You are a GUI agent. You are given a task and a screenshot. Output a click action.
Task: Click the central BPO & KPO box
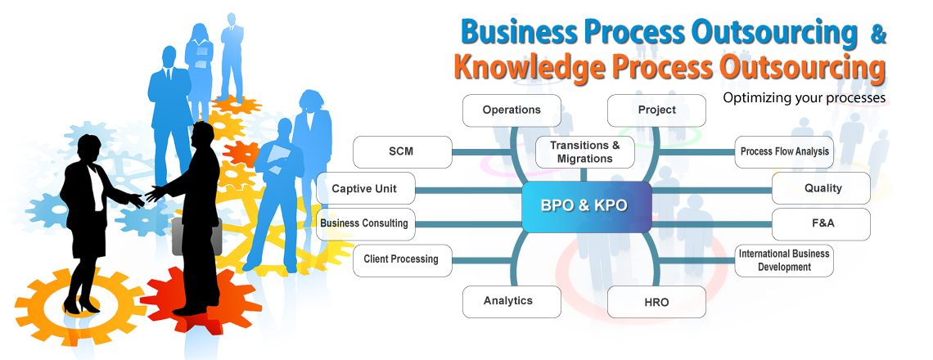click(x=587, y=206)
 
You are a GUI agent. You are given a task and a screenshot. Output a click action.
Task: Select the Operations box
click(x=512, y=110)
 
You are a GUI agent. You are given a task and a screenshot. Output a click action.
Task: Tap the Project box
click(x=657, y=110)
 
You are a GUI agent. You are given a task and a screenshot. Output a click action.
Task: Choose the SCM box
click(x=401, y=151)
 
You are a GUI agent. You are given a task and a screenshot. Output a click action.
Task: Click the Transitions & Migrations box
click(x=585, y=151)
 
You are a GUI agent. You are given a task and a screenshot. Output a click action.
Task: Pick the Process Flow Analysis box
click(x=784, y=151)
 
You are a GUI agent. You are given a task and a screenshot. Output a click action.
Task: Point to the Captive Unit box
click(x=366, y=189)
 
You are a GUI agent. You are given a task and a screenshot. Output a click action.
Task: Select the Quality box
click(x=821, y=189)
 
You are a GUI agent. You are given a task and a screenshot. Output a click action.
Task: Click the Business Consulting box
click(x=366, y=223)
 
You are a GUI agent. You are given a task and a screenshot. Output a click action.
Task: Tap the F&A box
click(x=821, y=223)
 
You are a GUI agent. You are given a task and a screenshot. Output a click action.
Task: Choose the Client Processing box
click(x=401, y=260)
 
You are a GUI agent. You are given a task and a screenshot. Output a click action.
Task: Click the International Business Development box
click(x=784, y=260)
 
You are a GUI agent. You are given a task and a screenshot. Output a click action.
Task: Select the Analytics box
click(x=512, y=302)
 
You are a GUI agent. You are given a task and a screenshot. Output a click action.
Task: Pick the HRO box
click(x=657, y=302)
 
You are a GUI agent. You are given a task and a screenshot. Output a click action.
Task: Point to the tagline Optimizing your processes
click(x=805, y=97)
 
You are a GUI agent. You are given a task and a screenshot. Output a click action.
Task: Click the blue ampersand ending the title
click(x=878, y=34)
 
